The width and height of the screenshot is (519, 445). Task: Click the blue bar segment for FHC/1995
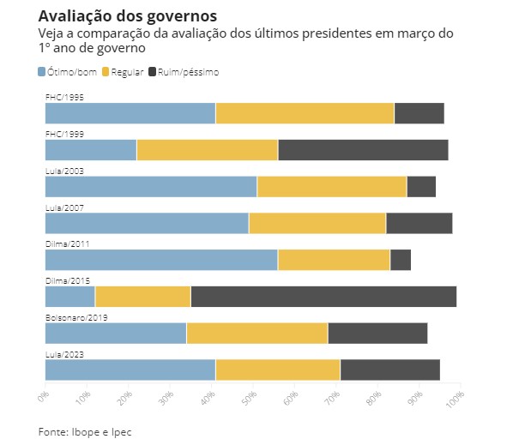(x=130, y=113)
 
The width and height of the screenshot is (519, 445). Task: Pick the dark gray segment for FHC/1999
(x=363, y=149)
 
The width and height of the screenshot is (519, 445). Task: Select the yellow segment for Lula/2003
(x=332, y=186)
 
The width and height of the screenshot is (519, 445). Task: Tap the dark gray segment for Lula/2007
(x=419, y=223)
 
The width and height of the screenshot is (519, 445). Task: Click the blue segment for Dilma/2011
(x=161, y=260)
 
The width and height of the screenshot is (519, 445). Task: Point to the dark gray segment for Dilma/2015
(x=323, y=297)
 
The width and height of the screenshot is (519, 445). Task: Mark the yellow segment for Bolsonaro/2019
(x=256, y=334)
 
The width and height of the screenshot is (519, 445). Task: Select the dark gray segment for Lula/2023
(x=389, y=370)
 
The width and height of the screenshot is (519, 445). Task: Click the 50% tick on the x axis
(x=251, y=398)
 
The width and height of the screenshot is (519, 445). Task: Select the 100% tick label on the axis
(x=456, y=398)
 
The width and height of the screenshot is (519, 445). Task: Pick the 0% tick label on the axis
(x=45, y=397)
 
